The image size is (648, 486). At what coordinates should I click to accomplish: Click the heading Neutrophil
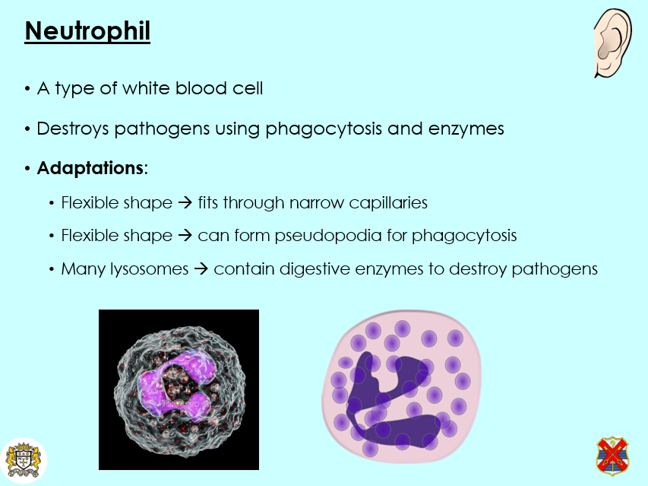pyautogui.click(x=87, y=31)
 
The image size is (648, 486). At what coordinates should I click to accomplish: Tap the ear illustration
pyautogui.click(x=612, y=44)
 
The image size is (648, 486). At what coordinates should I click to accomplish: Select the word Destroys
pyautogui.click(x=73, y=129)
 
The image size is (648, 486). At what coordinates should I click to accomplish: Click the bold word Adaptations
pyautogui.click(x=90, y=168)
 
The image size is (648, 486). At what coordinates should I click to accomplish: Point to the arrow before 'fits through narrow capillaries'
pyautogui.click(x=185, y=203)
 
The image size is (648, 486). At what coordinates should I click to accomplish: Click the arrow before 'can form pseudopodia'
pyautogui.click(x=185, y=236)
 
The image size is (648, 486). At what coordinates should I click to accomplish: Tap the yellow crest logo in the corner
pyautogui.click(x=23, y=460)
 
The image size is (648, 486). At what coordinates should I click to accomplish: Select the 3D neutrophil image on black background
pyautogui.click(x=179, y=389)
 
